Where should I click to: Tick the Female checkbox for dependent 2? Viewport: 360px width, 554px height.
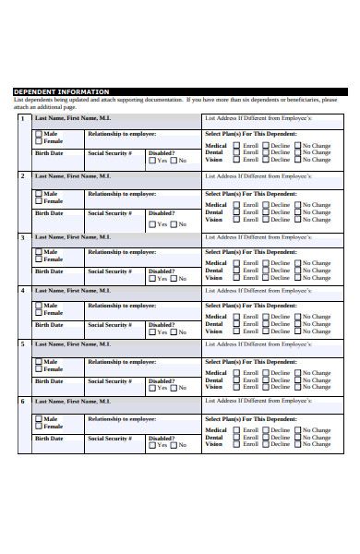[x=39, y=200]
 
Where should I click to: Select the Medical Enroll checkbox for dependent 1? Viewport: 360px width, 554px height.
[x=237, y=146]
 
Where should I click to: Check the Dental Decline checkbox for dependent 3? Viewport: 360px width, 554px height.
[x=266, y=270]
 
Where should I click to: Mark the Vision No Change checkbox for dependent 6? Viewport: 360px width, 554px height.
[x=297, y=444]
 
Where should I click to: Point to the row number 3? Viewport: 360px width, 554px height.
[x=23, y=237]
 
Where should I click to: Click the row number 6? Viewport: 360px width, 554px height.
[x=23, y=402]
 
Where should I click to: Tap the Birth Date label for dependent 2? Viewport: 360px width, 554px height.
[x=49, y=213]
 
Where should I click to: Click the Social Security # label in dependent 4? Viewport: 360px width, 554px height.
[x=110, y=325]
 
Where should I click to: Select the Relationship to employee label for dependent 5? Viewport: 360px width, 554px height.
[x=121, y=362]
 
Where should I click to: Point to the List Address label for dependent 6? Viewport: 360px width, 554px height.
[x=258, y=402]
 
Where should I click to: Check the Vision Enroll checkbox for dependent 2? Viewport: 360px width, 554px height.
[x=237, y=220]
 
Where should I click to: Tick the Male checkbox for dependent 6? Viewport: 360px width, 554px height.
[x=39, y=420]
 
